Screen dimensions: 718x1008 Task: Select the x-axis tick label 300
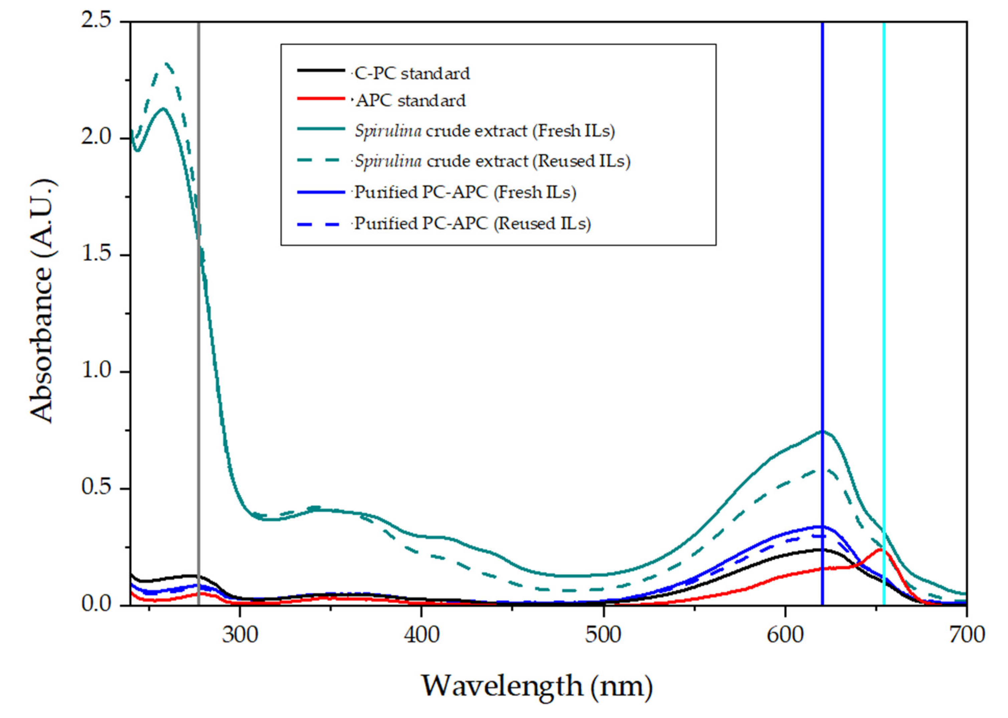point(240,635)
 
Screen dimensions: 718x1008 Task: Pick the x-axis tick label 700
point(967,635)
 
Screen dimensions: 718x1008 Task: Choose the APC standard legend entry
point(411,101)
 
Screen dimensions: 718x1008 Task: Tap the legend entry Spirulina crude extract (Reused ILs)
point(492,161)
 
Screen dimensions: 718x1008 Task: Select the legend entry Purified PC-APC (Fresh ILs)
point(465,192)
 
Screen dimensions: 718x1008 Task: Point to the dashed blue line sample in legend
point(321,224)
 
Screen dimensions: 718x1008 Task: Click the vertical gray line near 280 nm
point(198,354)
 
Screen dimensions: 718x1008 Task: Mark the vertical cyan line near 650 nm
point(884,310)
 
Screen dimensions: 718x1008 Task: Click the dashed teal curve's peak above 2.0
point(167,64)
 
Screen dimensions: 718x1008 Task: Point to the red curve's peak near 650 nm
point(880,550)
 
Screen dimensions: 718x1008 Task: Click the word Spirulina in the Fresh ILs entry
point(388,131)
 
